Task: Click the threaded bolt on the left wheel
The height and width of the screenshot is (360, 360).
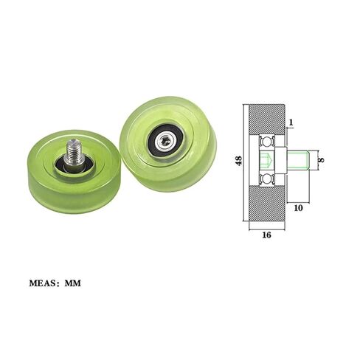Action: [74, 153]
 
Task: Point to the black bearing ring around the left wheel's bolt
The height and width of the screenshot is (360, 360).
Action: [74, 165]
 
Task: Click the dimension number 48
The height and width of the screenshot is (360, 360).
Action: [239, 161]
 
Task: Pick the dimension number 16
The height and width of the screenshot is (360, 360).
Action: [266, 235]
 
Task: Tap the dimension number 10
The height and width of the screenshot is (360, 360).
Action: [298, 208]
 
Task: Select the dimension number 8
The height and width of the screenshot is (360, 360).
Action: [321, 160]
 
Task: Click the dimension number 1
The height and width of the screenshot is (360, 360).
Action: [291, 122]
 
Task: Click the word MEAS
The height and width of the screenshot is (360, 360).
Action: [42, 283]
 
